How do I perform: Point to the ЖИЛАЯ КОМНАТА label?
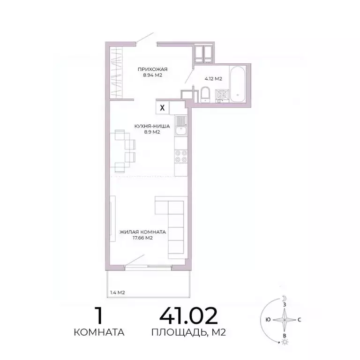(143, 232)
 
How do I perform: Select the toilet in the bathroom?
(206, 95)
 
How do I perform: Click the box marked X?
(162, 107)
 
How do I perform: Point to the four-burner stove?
(181, 156)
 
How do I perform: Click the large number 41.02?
(188, 317)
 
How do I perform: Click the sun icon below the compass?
(285, 344)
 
